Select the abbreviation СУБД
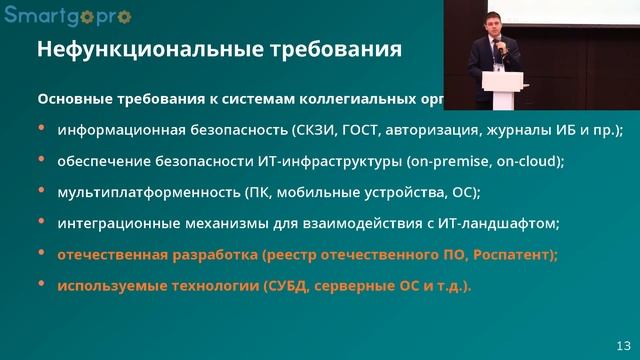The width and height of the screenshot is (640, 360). pyautogui.click(x=292, y=285)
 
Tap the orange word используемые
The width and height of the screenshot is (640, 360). pyautogui.click(x=108, y=285)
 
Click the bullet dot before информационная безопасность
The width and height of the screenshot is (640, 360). pyautogui.click(x=41, y=129)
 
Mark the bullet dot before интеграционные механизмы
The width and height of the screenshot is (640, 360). pyautogui.click(x=41, y=222)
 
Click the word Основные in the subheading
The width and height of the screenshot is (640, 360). pyautogui.click(x=72, y=100)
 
